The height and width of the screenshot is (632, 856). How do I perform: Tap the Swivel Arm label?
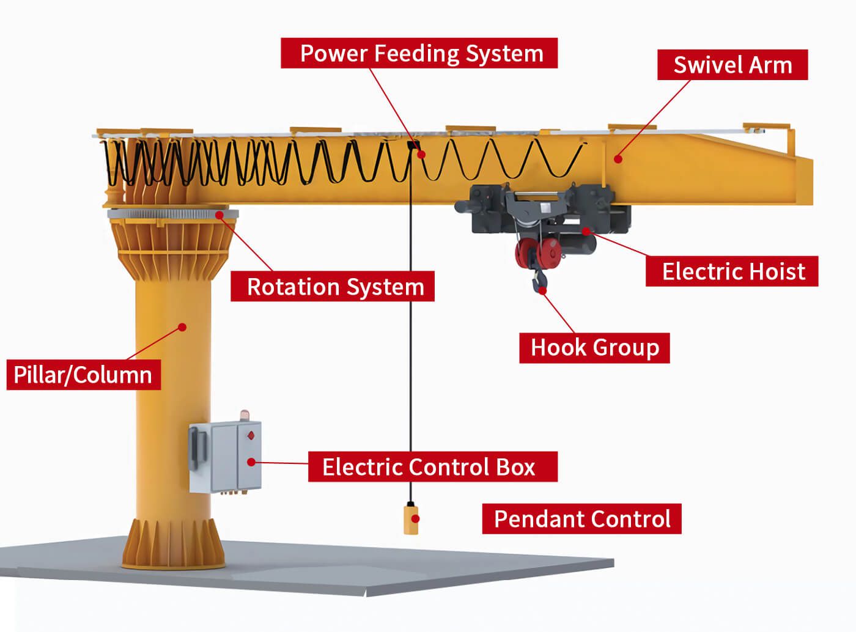point(732,65)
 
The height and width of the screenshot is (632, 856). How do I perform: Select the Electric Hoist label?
point(732,271)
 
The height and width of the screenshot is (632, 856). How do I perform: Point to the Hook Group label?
point(594,347)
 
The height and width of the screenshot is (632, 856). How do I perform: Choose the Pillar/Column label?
point(83,375)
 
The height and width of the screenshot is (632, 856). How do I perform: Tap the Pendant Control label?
point(581,519)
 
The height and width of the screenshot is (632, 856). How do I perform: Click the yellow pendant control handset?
point(411,518)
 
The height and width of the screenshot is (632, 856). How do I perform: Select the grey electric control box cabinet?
point(226,457)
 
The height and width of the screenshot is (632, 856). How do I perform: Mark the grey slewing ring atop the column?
point(172,213)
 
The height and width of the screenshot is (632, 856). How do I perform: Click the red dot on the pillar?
point(182,327)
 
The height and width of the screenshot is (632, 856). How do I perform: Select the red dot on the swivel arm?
point(618,160)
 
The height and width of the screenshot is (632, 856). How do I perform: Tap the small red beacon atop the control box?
point(245,415)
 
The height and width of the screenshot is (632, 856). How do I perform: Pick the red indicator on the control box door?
point(249,436)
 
